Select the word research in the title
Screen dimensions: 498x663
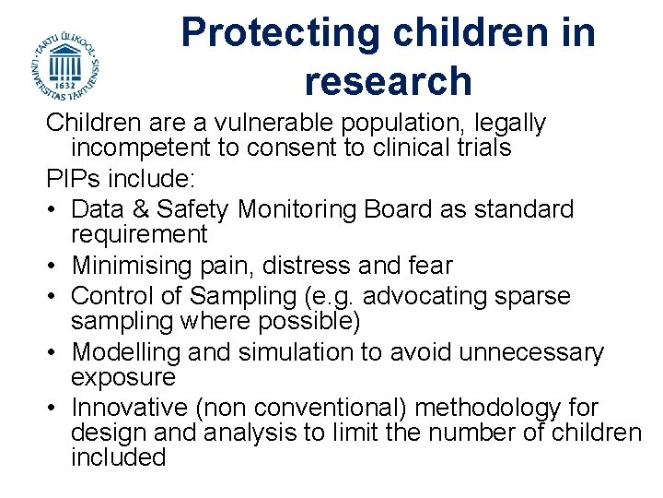pos(388,81)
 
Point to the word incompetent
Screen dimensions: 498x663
pos(143,148)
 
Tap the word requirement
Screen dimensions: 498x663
pos(140,234)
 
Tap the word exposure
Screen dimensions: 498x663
pos(123,377)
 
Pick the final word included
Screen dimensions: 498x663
pos(118,457)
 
